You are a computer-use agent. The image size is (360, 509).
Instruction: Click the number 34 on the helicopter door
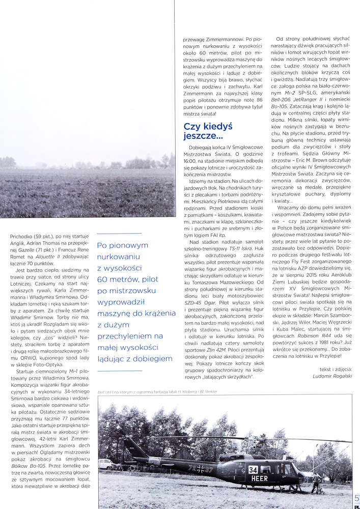coord(254,470)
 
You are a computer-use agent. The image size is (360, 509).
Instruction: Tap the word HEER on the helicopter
coord(260,478)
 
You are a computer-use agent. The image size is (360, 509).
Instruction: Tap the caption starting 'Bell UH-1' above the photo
coord(151,391)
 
